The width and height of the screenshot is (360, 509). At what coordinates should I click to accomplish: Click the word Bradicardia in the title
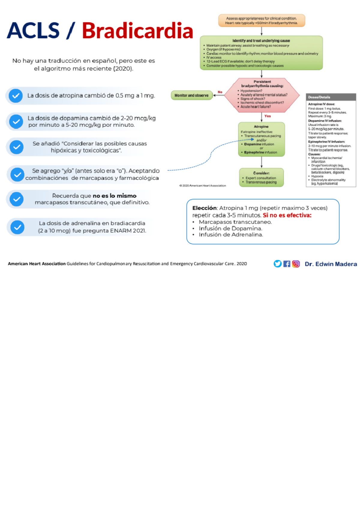[x=137, y=31]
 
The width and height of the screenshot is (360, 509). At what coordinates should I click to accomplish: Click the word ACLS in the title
[x=33, y=31]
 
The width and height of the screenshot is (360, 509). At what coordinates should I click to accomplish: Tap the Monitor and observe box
[x=191, y=95]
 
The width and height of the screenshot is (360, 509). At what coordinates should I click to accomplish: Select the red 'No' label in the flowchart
[x=220, y=92]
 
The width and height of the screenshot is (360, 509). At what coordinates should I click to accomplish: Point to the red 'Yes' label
[x=268, y=116]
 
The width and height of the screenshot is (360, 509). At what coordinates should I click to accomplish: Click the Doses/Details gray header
[x=331, y=97]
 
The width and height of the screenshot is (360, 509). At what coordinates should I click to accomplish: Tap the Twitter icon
[x=277, y=264]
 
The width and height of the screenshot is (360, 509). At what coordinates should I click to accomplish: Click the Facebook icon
[x=287, y=264]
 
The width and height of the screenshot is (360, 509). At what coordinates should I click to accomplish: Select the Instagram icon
[x=296, y=264]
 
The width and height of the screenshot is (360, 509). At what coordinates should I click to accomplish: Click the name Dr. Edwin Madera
[x=331, y=264]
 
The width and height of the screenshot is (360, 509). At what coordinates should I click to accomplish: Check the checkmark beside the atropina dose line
[x=16, y=96]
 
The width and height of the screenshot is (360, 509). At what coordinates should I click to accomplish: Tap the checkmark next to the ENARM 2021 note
[x=17, y=227]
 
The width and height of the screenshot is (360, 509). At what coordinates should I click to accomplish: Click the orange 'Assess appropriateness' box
[x=262, y=20]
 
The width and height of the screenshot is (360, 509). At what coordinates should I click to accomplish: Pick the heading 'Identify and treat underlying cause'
[x=261, y=41]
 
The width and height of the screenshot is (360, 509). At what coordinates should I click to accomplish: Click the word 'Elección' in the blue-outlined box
[x=204, y=208]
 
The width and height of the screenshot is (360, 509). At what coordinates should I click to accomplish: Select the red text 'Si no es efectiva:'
[x=287, y=215]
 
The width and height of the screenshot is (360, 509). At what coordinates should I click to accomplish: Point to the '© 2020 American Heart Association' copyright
[x=203, y=186]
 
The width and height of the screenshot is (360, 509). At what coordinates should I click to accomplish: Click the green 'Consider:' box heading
[x=261, y=173]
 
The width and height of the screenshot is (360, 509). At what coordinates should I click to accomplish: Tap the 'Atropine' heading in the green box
[x=261, y=127]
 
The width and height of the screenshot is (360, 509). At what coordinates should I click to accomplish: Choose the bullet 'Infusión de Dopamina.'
[x=230, y=228]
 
